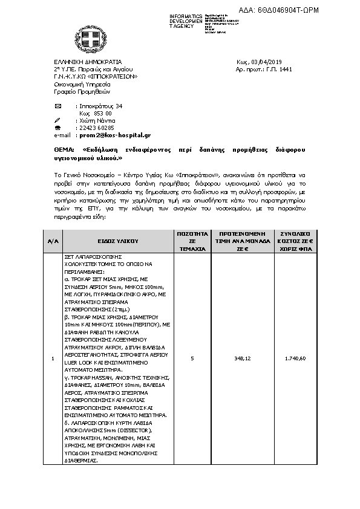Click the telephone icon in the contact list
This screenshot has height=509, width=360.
tap(57, 128)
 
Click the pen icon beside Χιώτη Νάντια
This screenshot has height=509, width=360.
tap(57, 121)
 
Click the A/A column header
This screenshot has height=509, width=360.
tap(53, 240)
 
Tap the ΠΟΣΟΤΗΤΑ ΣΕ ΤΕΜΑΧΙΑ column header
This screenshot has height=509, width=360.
tap(192, 240)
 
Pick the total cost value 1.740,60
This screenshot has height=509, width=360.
tap(295, 358)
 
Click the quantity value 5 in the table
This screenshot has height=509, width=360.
tap(192, 358)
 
